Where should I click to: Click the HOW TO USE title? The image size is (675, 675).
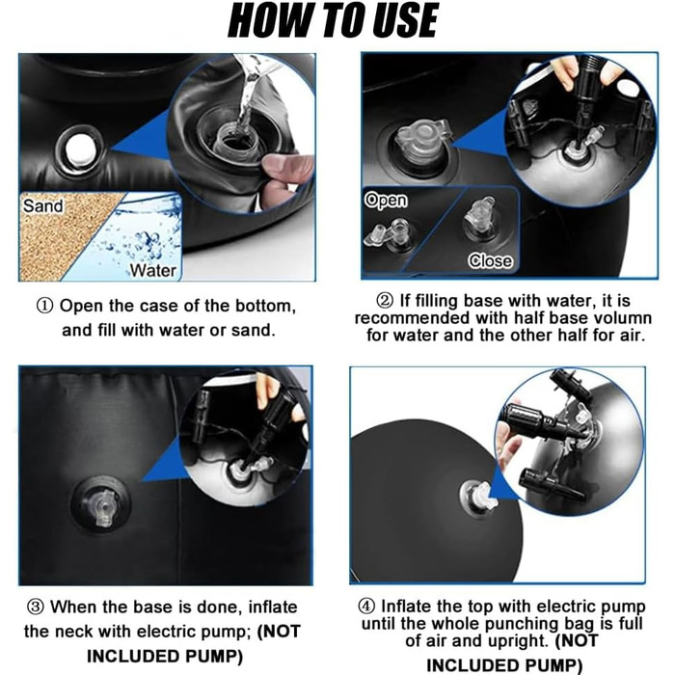pyautogui.click(x=333, y=20)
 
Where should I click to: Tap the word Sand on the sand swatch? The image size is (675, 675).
pyautogui.click(x=43, y=205)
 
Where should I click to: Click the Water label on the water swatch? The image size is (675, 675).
pyautogui.click(x=153, y=270)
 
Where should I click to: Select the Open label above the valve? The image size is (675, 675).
pyautogui.click(x=386, y=201)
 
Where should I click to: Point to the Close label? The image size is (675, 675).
pyautogui.click(x=490, y=260)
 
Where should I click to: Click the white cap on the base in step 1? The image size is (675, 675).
pyautogui.click(x=80, y=149)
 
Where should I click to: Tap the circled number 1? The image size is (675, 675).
pyautogui.click(x=44, y=306)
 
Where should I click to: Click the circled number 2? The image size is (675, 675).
pyautogui.click(x=385, y=301)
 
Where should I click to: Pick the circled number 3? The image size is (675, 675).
pyautogui.click(x=36, y=607)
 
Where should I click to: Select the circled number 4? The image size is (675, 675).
pyautogui.click(x=366, y=607)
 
